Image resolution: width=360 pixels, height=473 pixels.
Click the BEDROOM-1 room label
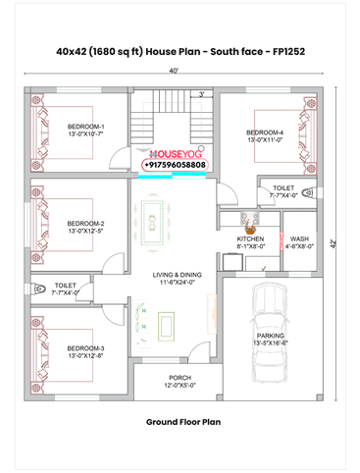pyautogui.click(x=86, y=127)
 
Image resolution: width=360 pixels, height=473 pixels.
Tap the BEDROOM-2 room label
pyautogui.click(x=86, y=224)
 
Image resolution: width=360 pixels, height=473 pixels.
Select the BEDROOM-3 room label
pyautogui.click(x=86, y=348)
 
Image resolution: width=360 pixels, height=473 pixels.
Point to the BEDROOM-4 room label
pyautogui.click(x=265, y=132)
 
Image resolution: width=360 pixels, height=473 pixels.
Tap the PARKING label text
pyautogui.click(x=271, y=336)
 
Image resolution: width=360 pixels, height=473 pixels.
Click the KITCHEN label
pyautogui.click(x=250, y=238)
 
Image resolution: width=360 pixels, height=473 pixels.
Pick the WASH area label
pyautogui.click(x=299, y=238)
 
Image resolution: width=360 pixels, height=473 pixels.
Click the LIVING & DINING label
pyautogui.click(x=177, y=275)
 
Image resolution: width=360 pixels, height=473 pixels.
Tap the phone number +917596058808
pyautogui.click(x=176, y=166)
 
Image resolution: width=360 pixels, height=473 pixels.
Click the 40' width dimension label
pyautogui.click(x=174, y=71)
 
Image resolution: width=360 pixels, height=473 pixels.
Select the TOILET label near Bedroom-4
pyautogui.click(x=284, y=186)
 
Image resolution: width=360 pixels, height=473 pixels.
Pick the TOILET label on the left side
pyautogui.click(x=67, y=285)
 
